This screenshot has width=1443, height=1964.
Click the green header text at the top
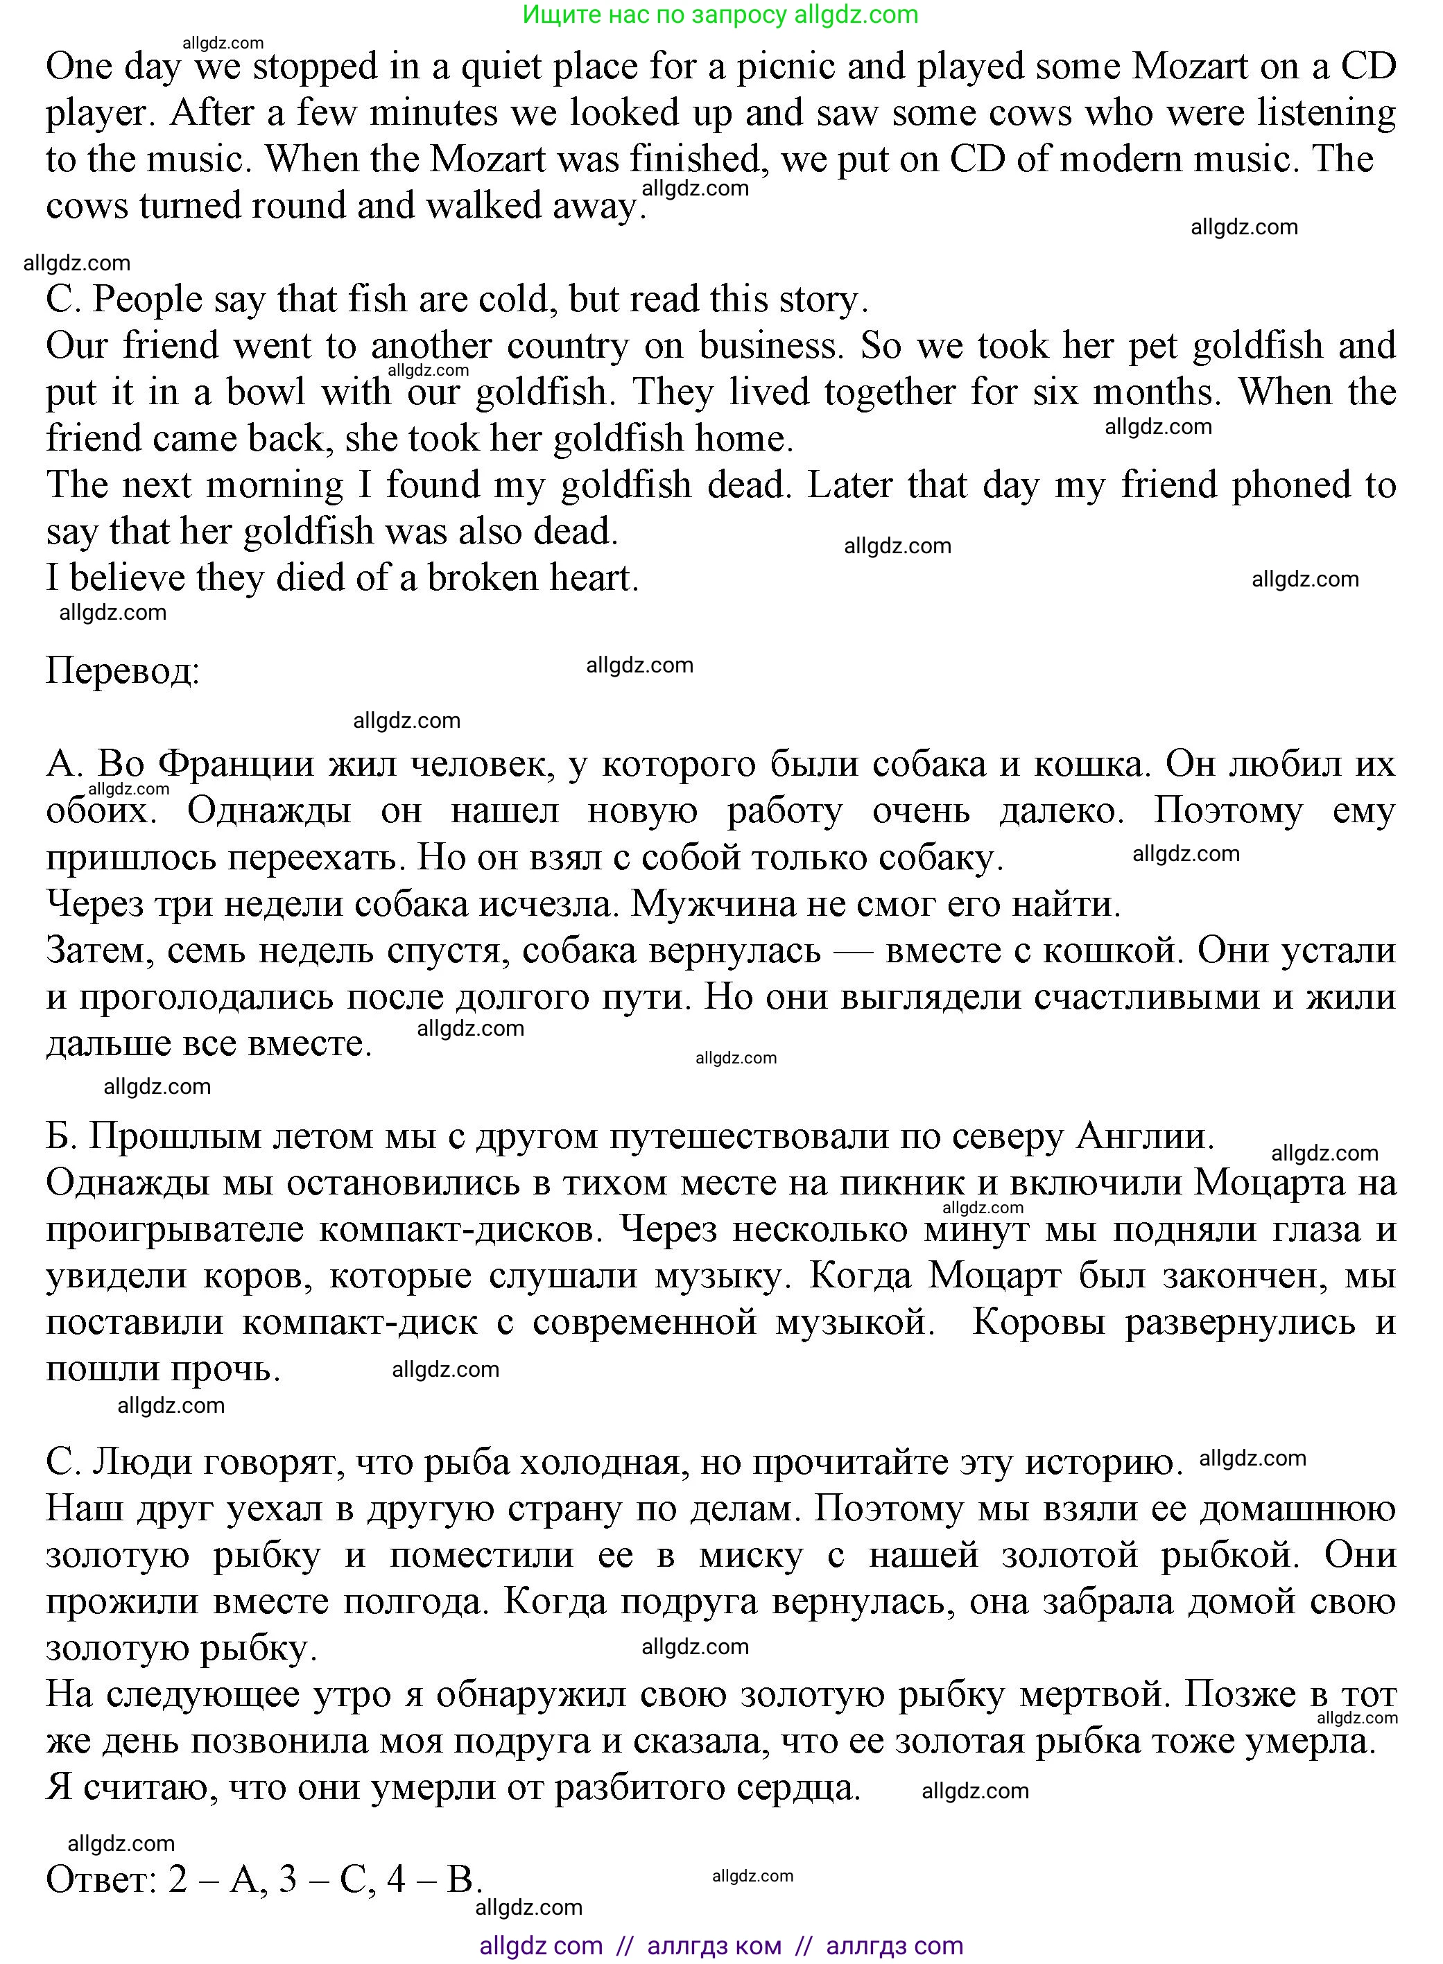pyautogui.click(x=720, y=15)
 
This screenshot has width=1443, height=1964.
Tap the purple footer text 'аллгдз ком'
pyautogui.click(x=714, y=1946)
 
